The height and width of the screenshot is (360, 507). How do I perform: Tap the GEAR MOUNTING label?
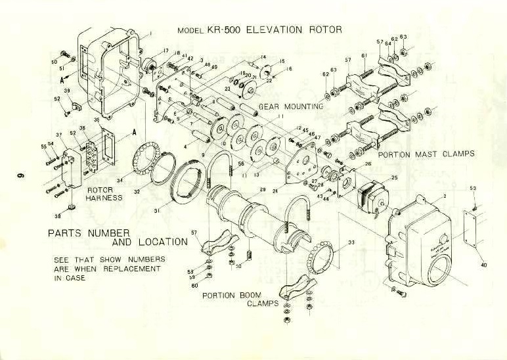tap(291, 106)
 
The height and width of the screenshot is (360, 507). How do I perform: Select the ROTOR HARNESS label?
tap(104, 193)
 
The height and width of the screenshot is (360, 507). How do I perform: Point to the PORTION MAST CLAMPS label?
tap(426, 154)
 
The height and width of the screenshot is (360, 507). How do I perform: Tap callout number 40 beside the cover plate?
tap(484, 265)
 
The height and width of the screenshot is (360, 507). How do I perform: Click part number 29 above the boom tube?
tap(263, 189)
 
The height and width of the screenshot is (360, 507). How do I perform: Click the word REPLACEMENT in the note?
tap(131, 269)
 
